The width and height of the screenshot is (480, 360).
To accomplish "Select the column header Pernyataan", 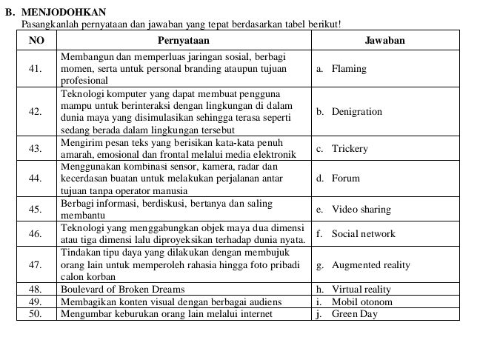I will click(183, 40).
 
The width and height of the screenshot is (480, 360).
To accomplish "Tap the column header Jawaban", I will click(384, 40).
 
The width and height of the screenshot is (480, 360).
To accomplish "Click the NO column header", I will click(36, 40).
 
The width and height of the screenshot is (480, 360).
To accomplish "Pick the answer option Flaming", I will click(349, 69).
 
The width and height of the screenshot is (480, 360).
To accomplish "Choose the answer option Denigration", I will click(356, 112).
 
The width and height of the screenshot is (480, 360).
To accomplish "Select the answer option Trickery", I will click(350, 149).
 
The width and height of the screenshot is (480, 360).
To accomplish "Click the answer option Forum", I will click(345, 179).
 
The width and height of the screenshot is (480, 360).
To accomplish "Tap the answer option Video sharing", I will click(361, 210).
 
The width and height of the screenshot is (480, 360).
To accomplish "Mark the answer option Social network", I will click(363, 234).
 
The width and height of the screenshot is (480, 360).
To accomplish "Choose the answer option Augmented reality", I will click(370, 264).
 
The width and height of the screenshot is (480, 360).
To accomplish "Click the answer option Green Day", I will click(354, 314).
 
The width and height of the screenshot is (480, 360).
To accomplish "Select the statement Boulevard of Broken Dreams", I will click(123, 290).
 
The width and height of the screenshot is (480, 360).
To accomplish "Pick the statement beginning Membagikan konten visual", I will click(161, 301).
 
